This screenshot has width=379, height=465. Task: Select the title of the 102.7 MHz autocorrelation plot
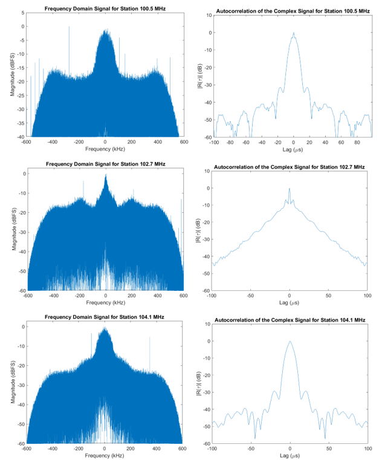point(290,166)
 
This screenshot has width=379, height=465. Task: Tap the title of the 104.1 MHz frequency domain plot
point(105,317)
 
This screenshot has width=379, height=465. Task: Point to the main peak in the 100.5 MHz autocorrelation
point(293,34)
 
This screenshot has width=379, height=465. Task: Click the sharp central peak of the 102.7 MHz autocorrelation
point(290,189)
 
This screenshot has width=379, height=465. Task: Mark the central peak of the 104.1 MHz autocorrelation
point(290,342)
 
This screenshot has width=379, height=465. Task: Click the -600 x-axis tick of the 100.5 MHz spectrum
point(31,142)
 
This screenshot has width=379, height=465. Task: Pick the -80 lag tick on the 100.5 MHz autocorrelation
point(230,143)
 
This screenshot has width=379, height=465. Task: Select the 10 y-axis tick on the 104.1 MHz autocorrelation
point(206,324)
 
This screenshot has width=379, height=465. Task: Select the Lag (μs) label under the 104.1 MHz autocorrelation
point(290,456)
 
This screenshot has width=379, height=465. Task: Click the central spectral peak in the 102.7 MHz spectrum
point(106,176)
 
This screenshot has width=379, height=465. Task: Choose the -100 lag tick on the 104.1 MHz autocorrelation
point(212,449)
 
